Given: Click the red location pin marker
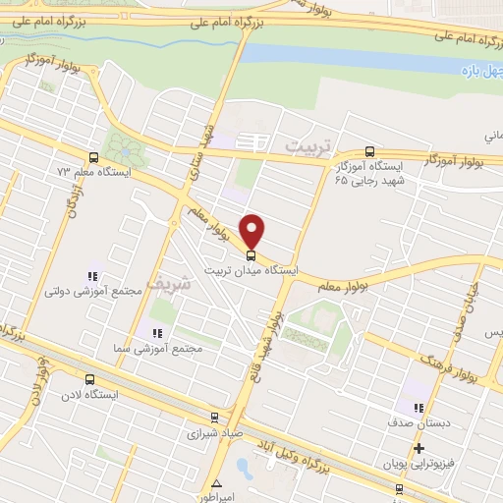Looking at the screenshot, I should pyautogui.click(x=252, y=230).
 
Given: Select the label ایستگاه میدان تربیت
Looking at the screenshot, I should pyautogui.click(x=251, y=268).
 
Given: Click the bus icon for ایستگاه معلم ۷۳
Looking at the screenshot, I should pyautogui.click(x=93, y=157).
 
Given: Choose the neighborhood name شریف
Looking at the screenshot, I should pyautogui.click(x=165, y=283).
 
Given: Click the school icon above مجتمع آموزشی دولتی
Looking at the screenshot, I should pyautogui.click(x=93, y=277).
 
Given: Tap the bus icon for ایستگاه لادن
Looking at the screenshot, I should pyautogui.click(x=91, y=379).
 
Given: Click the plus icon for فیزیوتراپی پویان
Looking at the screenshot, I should pyautogui.click(x=419, y=448).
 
